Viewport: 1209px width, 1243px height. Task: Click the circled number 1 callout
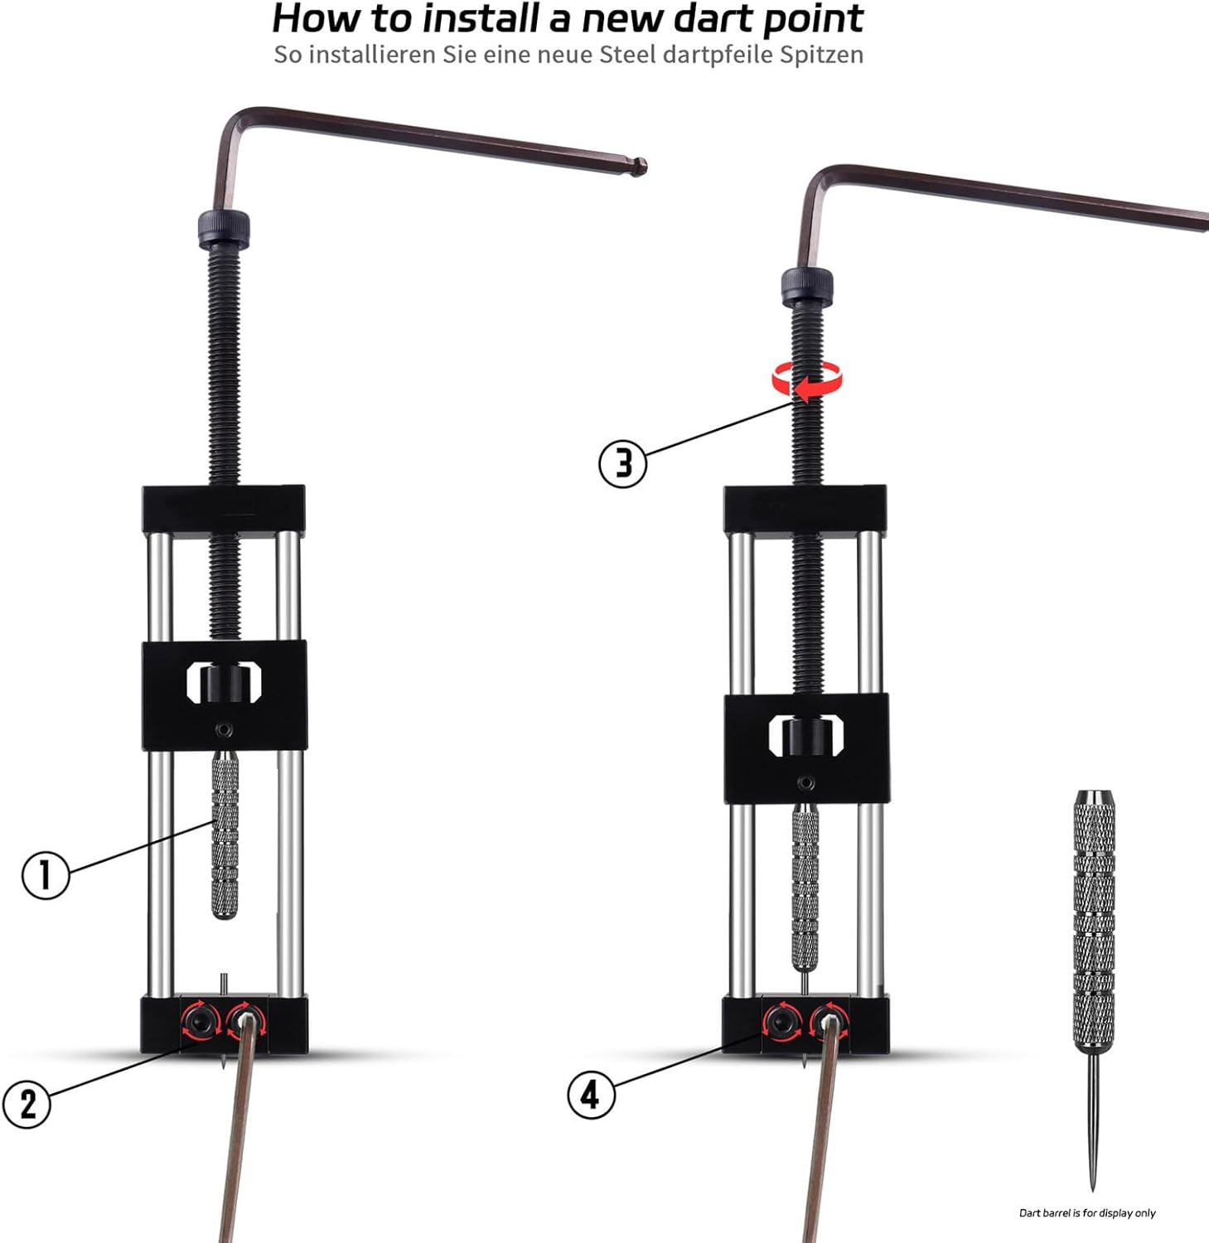click(45, 875)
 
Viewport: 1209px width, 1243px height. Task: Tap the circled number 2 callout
click(27, 1104)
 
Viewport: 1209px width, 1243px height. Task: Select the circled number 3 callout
click(622, 463)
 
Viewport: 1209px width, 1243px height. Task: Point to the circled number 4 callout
click(590, 1095)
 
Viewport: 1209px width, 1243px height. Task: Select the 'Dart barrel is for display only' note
click(1086, 1212)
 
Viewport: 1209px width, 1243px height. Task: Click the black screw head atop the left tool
click(224, 228)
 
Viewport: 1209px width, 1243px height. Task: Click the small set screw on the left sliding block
click(224, 730)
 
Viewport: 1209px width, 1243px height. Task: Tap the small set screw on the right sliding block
click(805, 783)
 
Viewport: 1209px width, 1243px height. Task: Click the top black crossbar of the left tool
click(224, 509)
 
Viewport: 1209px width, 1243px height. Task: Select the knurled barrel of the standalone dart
click(1094, 920)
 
